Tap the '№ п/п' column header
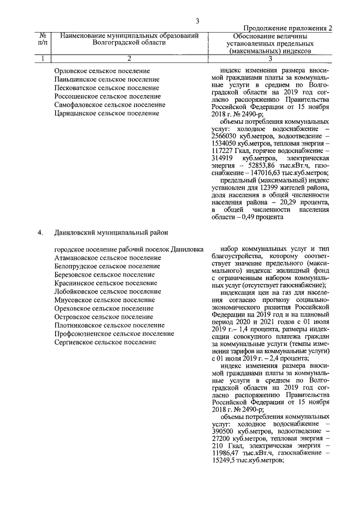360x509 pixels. point(42,39)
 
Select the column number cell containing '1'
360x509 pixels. point(42,58)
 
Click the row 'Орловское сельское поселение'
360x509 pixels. point(102,71)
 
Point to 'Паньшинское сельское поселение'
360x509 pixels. point(107,79)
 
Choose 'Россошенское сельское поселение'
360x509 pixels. point(107,96)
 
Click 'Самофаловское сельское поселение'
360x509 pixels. point(110,105)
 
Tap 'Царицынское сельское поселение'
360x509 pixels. point(106,113)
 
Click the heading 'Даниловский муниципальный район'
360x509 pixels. point(111,232)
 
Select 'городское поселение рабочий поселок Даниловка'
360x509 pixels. point(129,249)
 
